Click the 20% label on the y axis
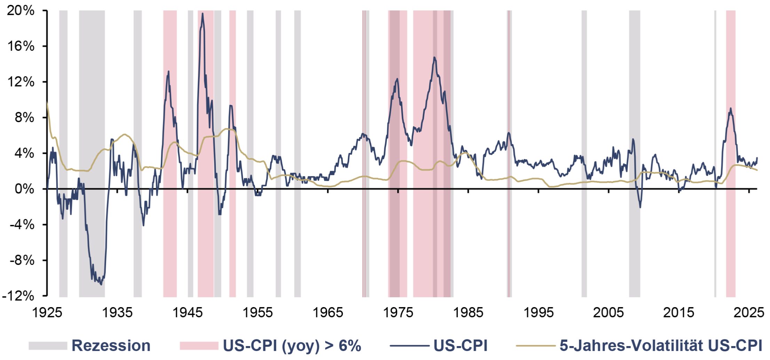click(21, 10)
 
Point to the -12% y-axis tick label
click(18, 296)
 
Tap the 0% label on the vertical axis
click(24, 189)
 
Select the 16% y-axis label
click(21, 46)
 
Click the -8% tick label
click(22, 260)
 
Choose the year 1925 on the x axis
click(47, 312)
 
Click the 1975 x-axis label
click(398, 312)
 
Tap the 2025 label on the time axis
click(749, 312)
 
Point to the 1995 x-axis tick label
click(538, 312)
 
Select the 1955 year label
click(257, 312)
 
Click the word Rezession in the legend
click(111, 346)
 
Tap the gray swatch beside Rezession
click(48, 346)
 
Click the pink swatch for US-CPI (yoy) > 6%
click(199, 346)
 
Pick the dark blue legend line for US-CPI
click(409, 346)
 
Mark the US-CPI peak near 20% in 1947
click(203, 14)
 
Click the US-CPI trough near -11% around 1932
click(101, 284)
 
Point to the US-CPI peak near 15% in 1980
click(434, 57)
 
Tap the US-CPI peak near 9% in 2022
click(731, 108)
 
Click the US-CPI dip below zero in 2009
click(640, 208)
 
